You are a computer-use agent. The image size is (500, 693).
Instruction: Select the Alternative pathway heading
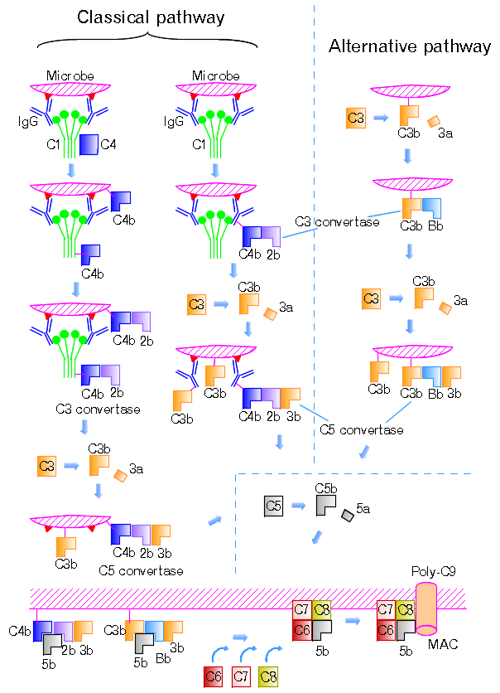pyautogui.click(x=410, y=46)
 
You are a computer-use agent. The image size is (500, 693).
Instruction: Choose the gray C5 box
pyautogui.click(x=274, y=504)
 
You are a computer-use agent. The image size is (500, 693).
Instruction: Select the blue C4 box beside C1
pyautogui.click(x=89, y=145)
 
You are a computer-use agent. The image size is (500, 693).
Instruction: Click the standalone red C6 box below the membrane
pyautogui.click(x=214, y=676)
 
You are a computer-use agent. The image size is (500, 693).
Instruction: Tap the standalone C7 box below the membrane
pyautogui.click(x=242, y=676)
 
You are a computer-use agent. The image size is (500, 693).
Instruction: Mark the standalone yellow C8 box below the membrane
pyautogui.click(x=269, y=676)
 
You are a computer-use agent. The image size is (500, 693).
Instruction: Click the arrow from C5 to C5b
pyautogui.click(x=297, y=505)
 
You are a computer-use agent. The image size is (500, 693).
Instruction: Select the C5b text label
pyautogui.click(x=325, y=489)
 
